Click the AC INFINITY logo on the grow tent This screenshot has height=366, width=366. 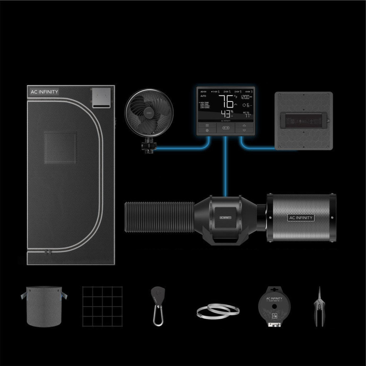pyautogui.click(x=44, y=92)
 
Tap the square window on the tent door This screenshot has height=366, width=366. pyautogui.click(x=60, y=147)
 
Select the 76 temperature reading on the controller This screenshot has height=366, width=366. pyautogui.click(x=226, y=101)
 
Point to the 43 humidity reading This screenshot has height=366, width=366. pyautogui.click(x=225, y=114)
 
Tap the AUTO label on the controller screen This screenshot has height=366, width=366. pyautogui.click(x=203, y=96)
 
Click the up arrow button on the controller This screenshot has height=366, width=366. pyautogui.click(x=244, y=125)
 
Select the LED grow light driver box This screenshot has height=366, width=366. pyautogui.click(x=304, y=120)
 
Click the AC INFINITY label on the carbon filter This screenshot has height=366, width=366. pyautogui.click(x=301, y=218)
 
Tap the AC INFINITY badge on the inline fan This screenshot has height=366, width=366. pyautogui.click(x=225, y=217)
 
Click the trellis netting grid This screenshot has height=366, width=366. pyautogui.click(x=102, y=306)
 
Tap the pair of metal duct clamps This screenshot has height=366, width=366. pyautogui.click(x=218, y=311)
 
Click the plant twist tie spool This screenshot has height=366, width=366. pyautogui.click(x=274, y=305)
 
